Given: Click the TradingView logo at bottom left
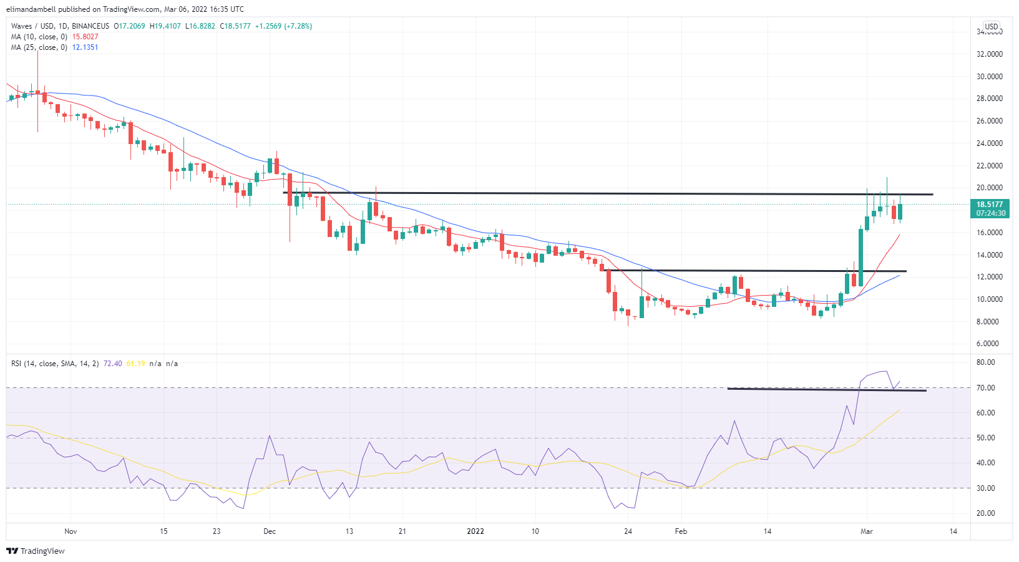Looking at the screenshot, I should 36,551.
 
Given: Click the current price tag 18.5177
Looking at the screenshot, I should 989,205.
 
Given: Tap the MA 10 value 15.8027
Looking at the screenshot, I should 85,37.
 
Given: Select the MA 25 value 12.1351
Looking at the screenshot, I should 85,47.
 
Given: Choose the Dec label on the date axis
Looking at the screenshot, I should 270,531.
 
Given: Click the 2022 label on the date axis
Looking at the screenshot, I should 475,531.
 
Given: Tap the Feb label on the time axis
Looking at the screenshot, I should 681,531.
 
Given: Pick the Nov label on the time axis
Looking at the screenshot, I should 71,531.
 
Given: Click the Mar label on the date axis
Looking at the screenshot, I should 866,531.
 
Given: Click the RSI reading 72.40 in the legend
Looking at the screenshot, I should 113,364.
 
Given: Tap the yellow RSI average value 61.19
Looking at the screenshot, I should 135,364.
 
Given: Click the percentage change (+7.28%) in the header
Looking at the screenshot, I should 298,26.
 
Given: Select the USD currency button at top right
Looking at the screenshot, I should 992,27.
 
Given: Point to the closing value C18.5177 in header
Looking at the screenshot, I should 235,26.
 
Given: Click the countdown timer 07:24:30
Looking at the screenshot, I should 991,213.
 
